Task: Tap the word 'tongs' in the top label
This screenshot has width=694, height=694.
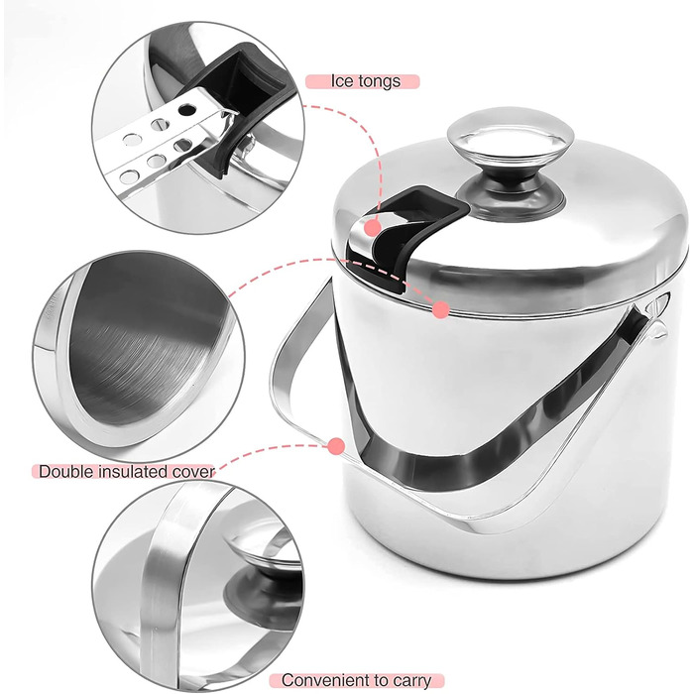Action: (380, 82)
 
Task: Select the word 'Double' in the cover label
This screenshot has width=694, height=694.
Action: (66, 471)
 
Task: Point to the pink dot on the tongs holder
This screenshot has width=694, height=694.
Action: (373, 228)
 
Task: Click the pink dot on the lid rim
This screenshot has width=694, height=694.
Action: (441, 309)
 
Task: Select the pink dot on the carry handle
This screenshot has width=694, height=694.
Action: (336, 446)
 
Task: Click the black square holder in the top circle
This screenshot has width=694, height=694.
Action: (231, 97)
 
